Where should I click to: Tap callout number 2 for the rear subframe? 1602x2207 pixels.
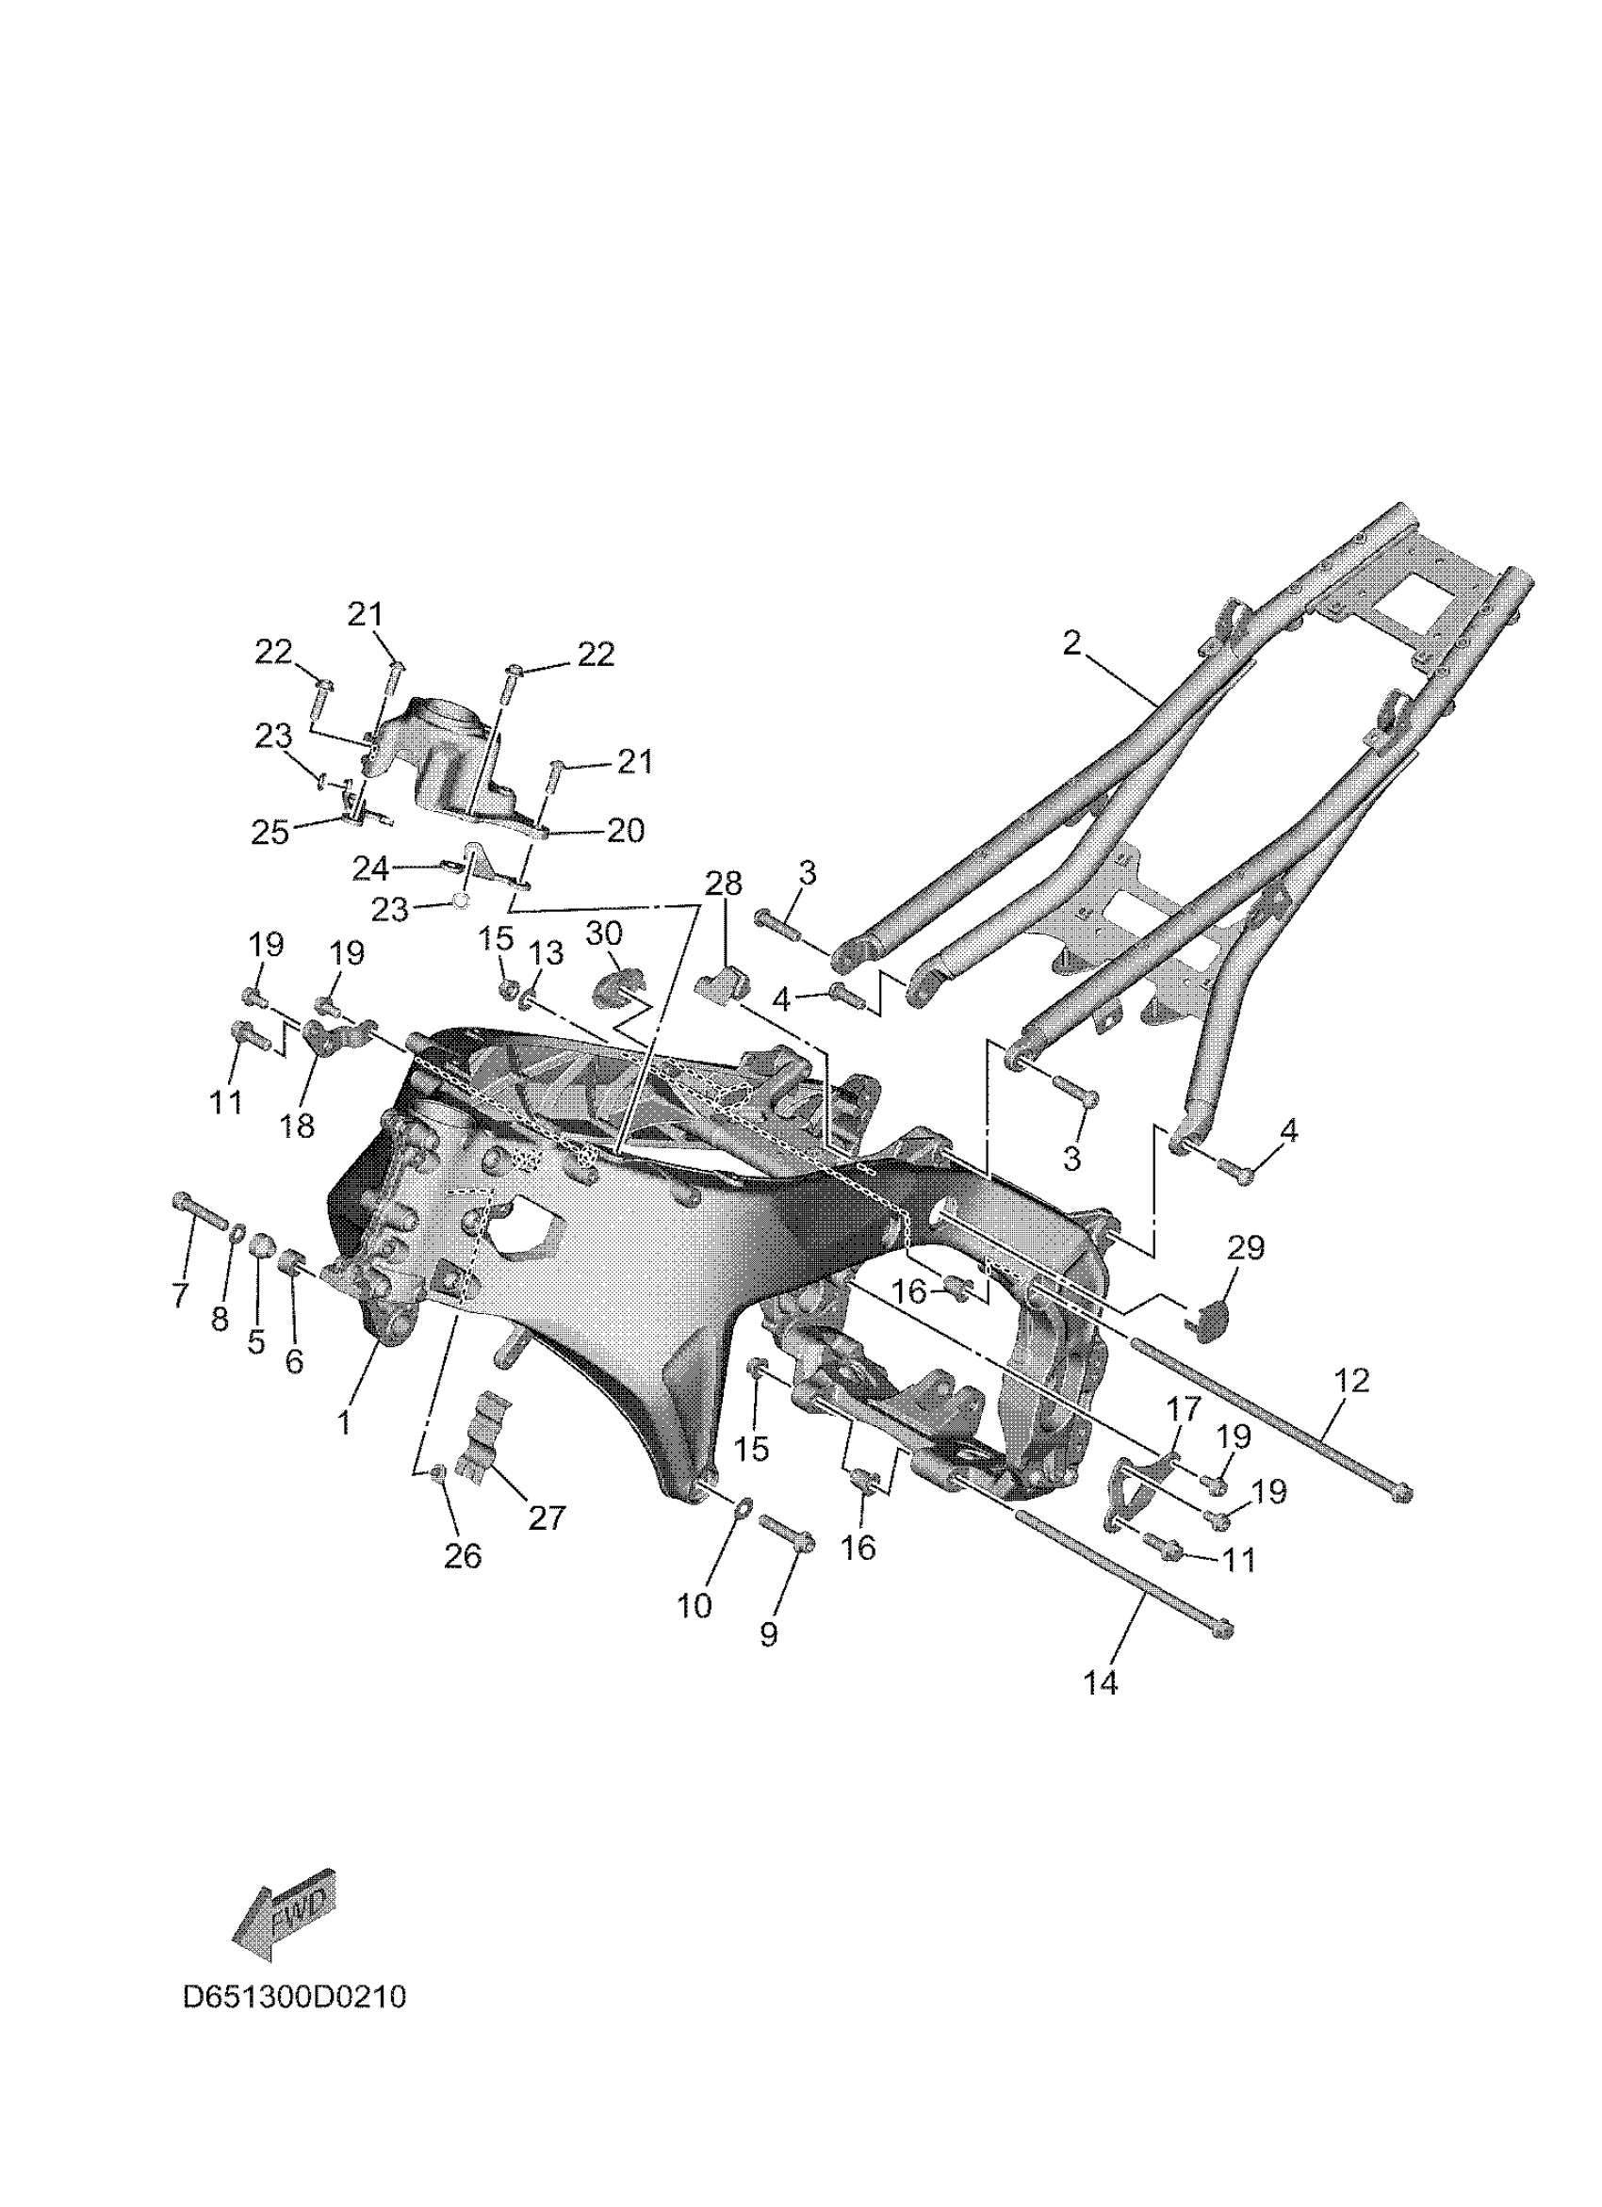(1071, 643)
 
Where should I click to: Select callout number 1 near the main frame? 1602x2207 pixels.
(344, 1422)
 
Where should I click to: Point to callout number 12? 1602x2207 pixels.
(1352, 1380)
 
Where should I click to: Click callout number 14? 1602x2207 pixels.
(1101, 1682)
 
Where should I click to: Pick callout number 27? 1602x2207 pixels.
(546, 1517)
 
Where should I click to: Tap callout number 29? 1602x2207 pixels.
(1246, 1247)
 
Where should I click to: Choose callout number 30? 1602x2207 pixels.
(603, 933)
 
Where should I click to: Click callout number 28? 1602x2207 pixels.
(724, 883)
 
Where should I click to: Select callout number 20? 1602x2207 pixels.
(626, 830)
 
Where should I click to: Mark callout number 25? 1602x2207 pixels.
(270, 832)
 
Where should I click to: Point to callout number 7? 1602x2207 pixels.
(180, 1294)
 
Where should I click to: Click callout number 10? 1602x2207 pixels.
(694, 1607)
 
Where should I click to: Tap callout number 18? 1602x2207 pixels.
(297, 1126)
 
